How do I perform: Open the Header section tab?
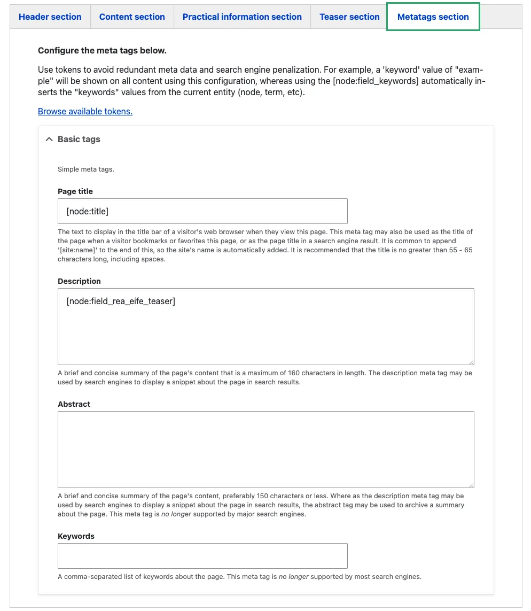(50, 17)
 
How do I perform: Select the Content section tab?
(132, 17)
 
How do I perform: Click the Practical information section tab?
(242, 17)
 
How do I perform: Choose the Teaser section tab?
(349, 17)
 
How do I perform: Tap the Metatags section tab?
(433, 17)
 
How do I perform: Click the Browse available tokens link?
(85, 111)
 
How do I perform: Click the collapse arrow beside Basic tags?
(49, 139)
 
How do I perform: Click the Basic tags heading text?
(79, 139)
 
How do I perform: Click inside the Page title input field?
(202, 211)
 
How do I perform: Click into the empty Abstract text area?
(265, 449)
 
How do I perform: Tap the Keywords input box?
(202, 556)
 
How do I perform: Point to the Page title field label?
(75, 191)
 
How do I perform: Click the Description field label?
(79, 281)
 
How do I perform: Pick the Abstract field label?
(74, 404)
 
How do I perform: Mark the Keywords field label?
(76, 536)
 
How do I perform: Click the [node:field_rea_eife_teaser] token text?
(121, 301)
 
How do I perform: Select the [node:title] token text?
(88, 212)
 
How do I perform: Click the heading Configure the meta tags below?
(102, 51)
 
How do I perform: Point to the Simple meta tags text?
(86, 169)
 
